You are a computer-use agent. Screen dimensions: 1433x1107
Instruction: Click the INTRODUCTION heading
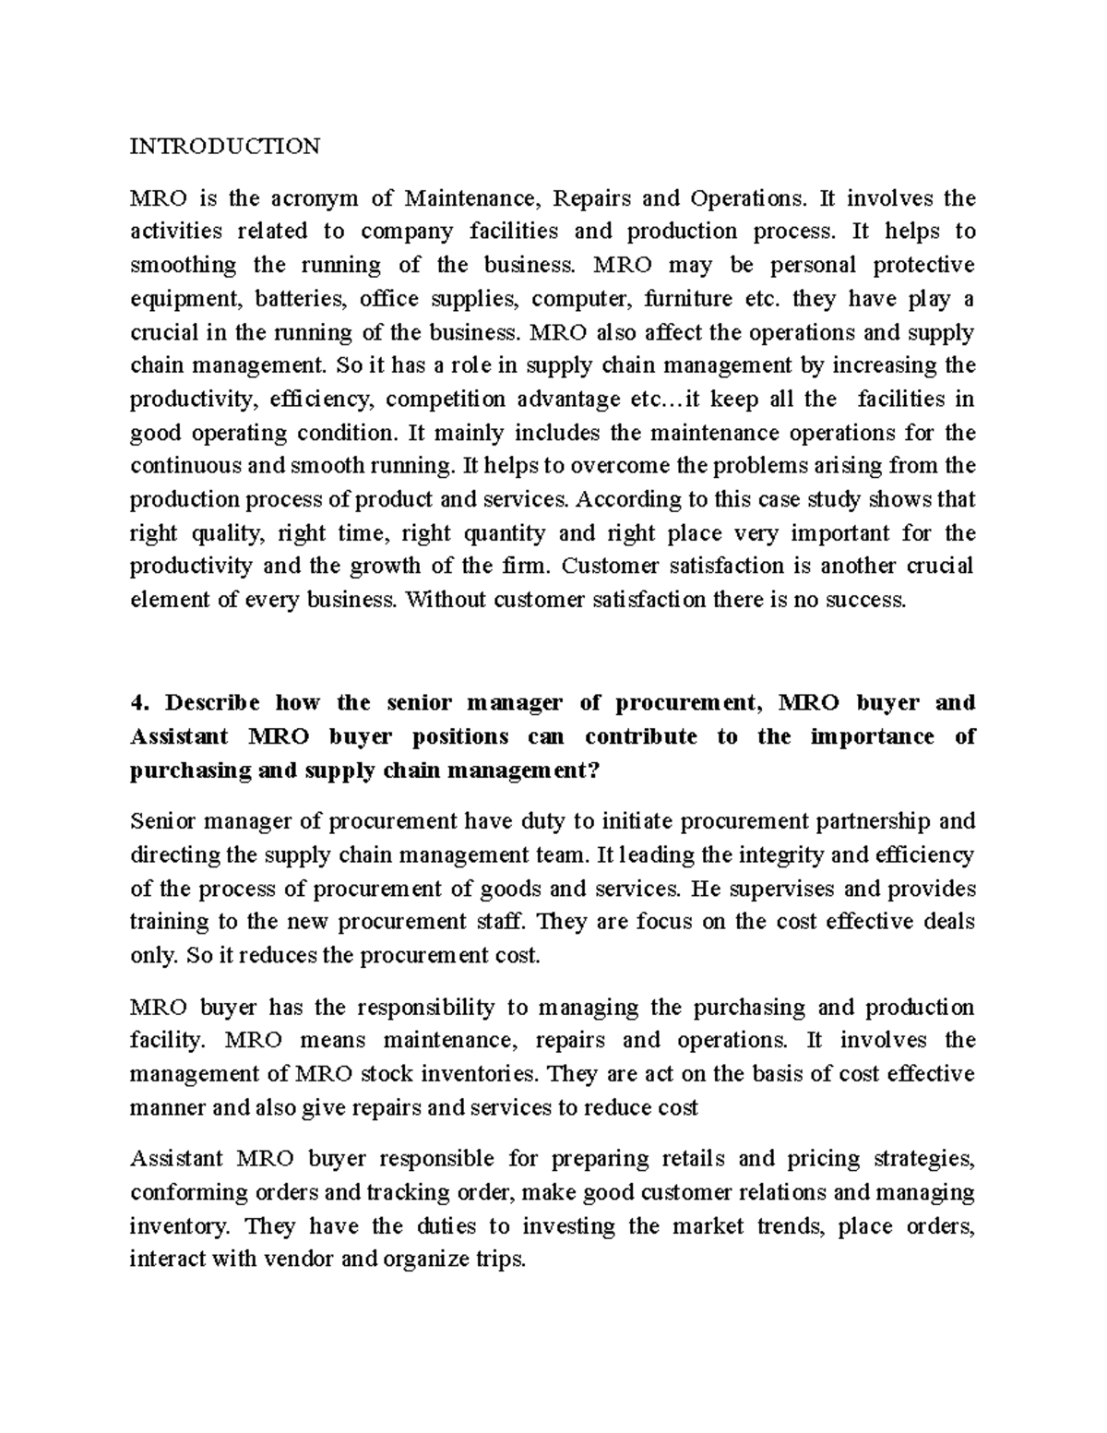tap(224, 146)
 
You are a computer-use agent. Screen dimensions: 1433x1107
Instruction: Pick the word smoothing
tap(183, 266)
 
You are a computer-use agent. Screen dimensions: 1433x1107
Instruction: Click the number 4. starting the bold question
tap(139, 703)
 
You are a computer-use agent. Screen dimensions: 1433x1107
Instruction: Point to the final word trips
tap(499, 1260)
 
